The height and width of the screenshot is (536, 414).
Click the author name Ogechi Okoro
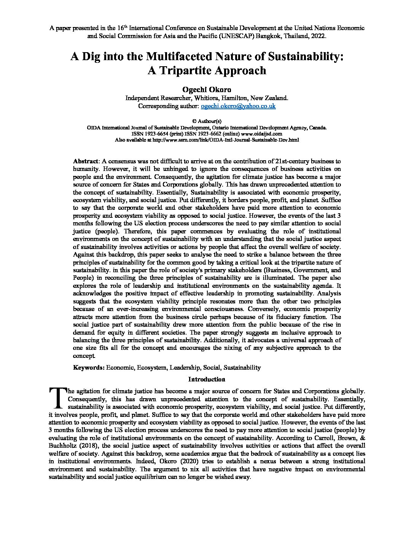[x=207, y=89]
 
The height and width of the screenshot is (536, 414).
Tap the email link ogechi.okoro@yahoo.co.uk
[x=238, y=106]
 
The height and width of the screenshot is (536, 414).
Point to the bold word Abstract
[x=85, y=161]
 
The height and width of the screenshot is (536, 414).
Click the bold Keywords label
[x=89, y=367]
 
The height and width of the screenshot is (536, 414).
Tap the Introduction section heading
[x=207, y=379]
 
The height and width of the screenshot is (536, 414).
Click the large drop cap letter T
[x=57, y=397]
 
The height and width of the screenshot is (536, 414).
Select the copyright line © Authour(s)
[x=207, y=121]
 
